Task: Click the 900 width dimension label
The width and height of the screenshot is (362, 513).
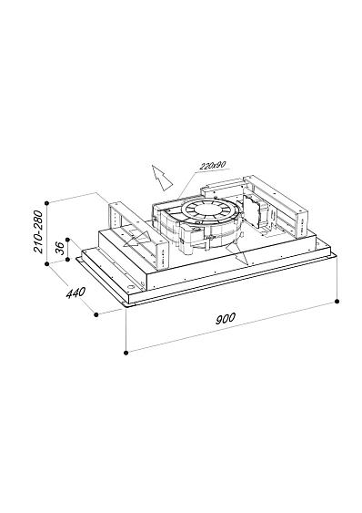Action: coord(226,318)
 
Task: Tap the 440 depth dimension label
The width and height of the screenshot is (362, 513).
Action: coord(75,292)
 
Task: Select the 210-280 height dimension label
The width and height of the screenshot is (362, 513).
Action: coord(38,231)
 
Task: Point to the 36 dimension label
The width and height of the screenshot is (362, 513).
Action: coord(59,249)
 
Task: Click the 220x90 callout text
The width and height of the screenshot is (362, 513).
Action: coord(214,166)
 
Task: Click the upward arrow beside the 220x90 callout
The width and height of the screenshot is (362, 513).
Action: coord(161,178)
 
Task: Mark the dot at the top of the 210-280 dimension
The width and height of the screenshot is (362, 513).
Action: coord(47,203)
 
